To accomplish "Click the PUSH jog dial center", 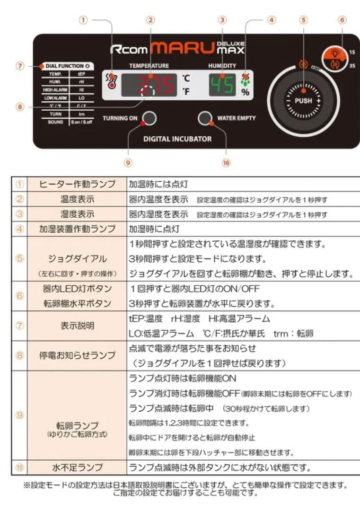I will [x=303, y=101].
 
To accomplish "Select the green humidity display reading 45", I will [x=222, y=85].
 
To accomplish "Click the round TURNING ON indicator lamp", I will [x=149, y=118].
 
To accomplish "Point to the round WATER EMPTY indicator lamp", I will [x=204, y=118].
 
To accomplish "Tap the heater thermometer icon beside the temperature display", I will [x=111, y=81].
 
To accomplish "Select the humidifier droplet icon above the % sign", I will [x=245, y=79].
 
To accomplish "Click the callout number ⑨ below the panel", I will [x=127, y=162].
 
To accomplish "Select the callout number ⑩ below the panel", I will [x=226, y=162].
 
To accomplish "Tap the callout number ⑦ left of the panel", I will [x=20, y=66].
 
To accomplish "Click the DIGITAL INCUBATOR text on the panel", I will [x=177, y=139].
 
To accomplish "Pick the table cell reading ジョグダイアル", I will [x=77, y=259].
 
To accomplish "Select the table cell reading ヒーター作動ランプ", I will [x=77, y=184].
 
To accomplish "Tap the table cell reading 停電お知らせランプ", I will [x=77, y=355].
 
